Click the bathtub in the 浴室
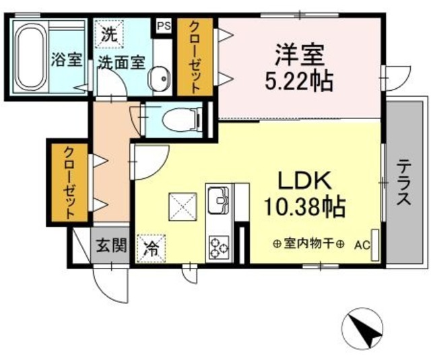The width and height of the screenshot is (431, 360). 28,57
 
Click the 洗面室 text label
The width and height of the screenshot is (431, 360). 121,63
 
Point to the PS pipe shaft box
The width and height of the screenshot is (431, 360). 162,26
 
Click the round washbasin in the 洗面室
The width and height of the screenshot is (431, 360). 160,79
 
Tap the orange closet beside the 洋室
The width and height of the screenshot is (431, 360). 194,57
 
